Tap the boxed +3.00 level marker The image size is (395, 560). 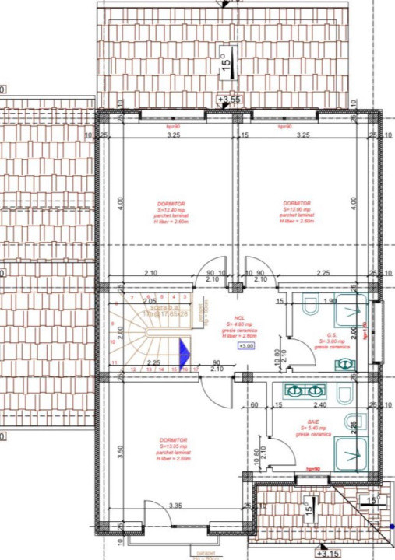(245, 346)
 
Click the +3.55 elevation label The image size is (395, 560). (229, 100)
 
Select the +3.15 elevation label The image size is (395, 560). (331, 554)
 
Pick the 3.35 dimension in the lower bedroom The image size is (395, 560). (175, 506)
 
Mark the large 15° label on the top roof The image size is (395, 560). (225, 61)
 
